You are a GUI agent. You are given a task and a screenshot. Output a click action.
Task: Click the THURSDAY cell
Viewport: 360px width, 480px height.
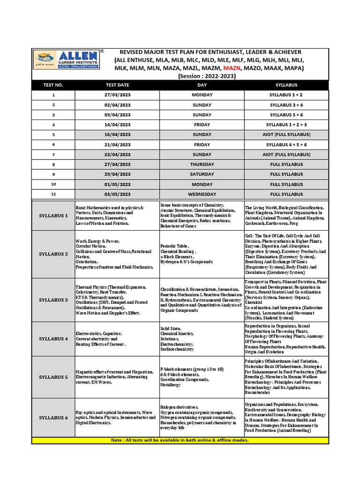click(x=202, y=164)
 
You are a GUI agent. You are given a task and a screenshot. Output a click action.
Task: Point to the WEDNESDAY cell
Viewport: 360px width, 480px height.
click(x=202, y=194)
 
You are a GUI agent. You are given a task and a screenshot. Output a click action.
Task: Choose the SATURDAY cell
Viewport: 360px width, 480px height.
click(x=202, y=174)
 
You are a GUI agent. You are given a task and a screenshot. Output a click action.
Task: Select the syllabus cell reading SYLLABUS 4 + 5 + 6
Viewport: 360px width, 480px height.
click(x=286, y=144)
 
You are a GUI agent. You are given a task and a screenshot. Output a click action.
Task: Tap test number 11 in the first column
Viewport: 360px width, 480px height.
click(x=53, y=194)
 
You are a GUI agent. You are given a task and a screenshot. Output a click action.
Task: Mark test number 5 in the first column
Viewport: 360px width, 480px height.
click(x=53, y=135)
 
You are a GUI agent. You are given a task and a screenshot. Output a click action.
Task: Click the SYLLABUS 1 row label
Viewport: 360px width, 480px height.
click(x=53, y=216)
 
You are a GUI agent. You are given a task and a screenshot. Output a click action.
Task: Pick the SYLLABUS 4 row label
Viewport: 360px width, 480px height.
click(x=53, y=338)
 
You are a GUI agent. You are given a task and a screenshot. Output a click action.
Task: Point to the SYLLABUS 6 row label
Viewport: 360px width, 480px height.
click(x=53, y=418)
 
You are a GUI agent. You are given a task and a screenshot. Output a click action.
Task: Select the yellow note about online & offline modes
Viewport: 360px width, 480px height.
click(x=180, y=440)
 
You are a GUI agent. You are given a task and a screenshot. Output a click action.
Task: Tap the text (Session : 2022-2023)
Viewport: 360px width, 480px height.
click(x=207, y=76)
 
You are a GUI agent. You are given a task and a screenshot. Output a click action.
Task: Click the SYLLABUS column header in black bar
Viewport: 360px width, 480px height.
click(x=286, y=85)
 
